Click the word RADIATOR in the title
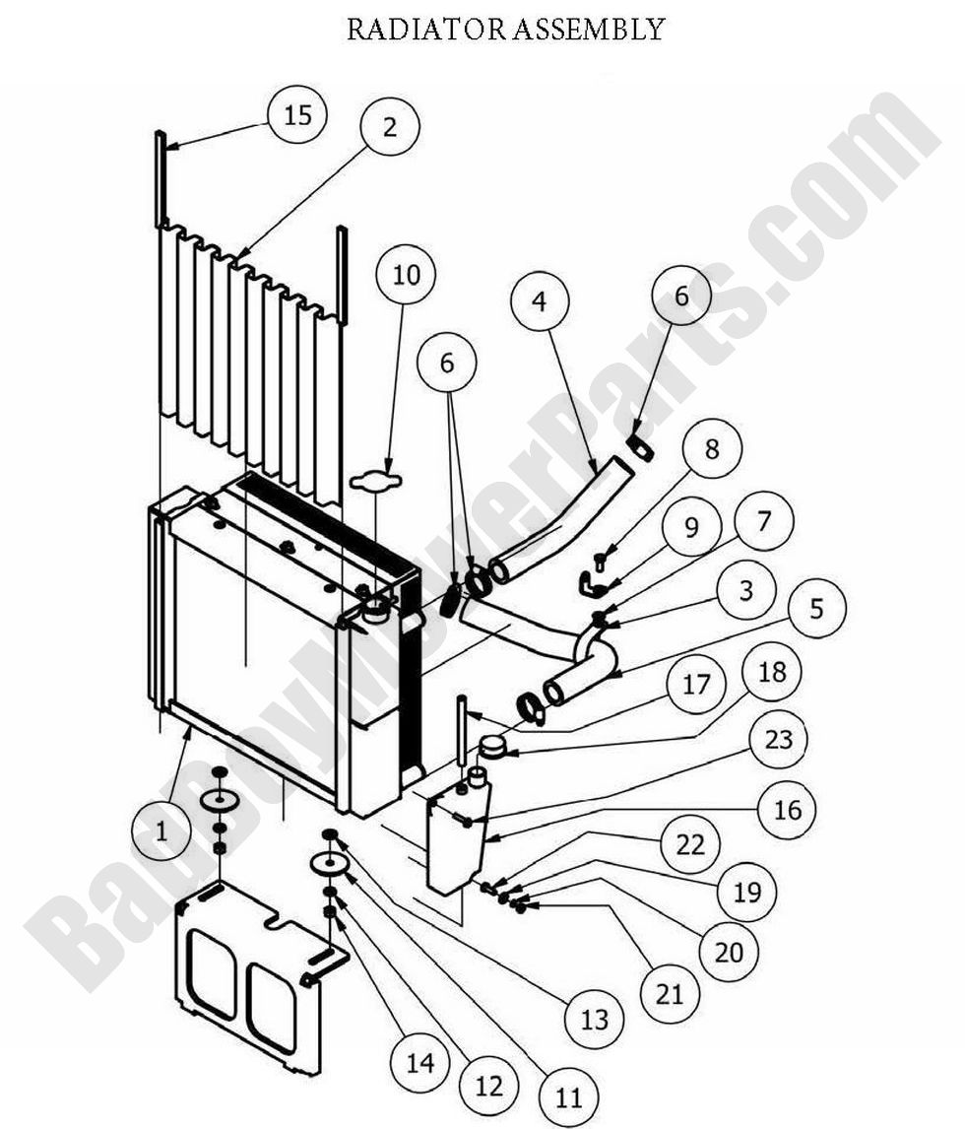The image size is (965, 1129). tap(426, 29)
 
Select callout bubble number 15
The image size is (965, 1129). tap(297, 115)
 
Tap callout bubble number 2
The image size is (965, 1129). tap(390, 127)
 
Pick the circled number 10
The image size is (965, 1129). tap(406, 275)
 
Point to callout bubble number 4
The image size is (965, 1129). tap(540, 300)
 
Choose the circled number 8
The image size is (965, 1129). tap(712, 449)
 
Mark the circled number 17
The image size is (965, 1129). tap(695, 684)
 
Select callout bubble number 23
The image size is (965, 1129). tap(778, 739)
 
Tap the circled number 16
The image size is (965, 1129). tap(788, 810)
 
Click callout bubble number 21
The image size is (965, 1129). tap(670, 994)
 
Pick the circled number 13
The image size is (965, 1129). tap(595, 1019)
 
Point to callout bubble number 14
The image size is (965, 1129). tap(419, 1062)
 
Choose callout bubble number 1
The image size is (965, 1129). tap(161, 831)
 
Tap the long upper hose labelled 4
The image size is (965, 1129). tap(561, 517)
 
